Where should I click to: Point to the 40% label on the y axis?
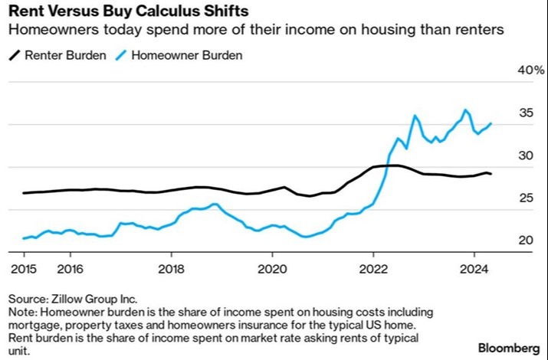pos(531,70)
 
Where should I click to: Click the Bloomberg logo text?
pos(508,348)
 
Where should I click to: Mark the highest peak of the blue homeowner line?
pos(465,110)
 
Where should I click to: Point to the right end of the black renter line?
pos(492,175)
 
